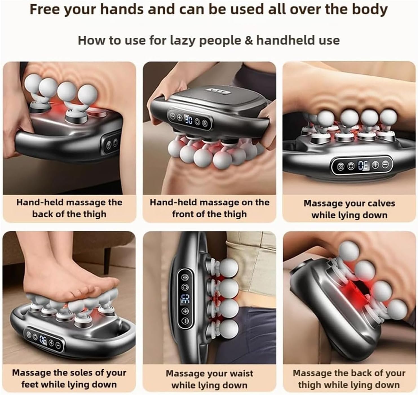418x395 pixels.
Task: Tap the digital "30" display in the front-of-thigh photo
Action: coord(188,120)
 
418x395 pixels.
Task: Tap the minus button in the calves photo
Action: coord(385,165)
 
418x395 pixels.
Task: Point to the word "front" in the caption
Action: coord(182,214)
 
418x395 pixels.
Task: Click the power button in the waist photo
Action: coord(185,287)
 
